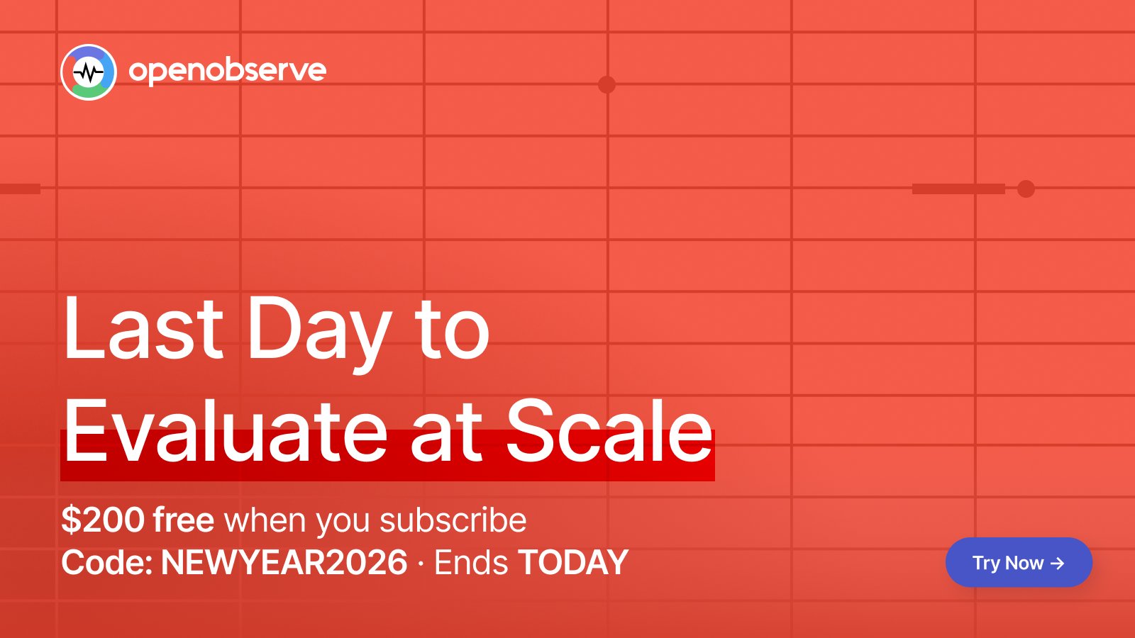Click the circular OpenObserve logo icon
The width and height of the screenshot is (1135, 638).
tap(89, 72)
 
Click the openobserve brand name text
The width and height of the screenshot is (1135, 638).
tap(228, 71)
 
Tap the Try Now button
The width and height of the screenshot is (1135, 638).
tap(1019, 563)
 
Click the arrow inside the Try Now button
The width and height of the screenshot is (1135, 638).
tap(1058, 564)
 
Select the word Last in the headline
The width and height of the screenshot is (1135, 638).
tap(143, 328)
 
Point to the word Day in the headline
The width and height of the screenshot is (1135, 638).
tap(320, 334)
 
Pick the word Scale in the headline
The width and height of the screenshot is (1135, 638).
tap(609, 431)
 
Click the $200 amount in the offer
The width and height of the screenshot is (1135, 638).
tap(103, 520)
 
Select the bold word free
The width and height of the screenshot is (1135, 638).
tap(184, 520)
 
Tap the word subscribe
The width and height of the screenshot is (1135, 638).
tap(453, 520)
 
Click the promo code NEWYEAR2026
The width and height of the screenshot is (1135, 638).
tap(284, 562)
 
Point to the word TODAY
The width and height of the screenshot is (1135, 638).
tap(573, 562)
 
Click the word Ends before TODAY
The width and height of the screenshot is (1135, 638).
tap(471, 562)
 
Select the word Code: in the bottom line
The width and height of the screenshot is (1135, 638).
tap(107, 562)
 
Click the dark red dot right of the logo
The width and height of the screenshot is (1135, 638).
tap(607, 84)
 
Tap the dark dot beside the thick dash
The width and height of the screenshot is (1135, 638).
tap(1026, 189)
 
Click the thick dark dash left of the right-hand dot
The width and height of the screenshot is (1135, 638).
tap(958, 189)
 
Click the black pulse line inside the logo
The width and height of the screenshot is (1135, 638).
tap(88, 73)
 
